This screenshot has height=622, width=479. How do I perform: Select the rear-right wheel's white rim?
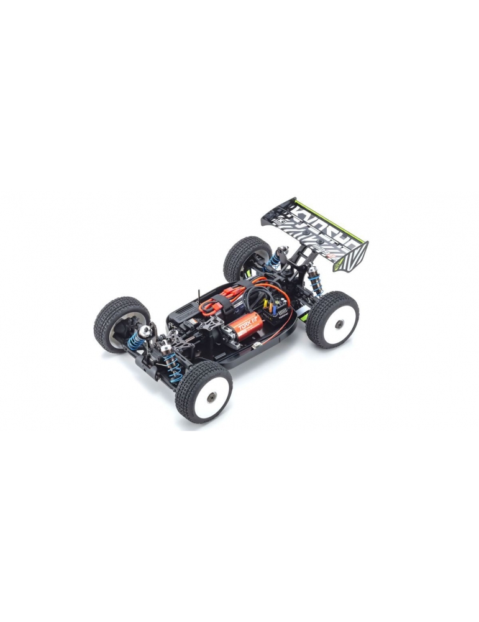click(336, 323)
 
